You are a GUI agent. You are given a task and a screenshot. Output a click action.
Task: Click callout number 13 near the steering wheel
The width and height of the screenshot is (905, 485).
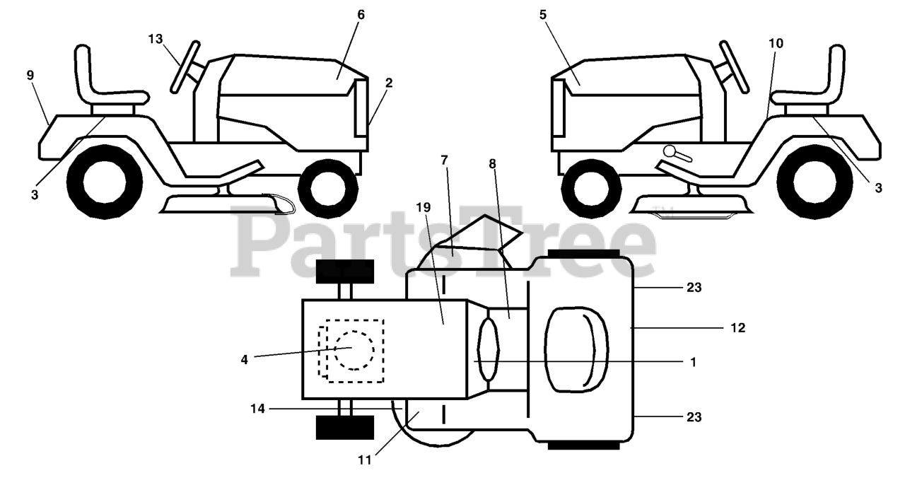156,38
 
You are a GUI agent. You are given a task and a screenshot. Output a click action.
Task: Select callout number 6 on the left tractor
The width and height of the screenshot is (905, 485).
361,14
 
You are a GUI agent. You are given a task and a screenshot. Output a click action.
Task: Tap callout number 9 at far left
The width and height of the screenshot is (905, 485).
30,75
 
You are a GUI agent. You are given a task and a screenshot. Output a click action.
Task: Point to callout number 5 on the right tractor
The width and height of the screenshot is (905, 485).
543,14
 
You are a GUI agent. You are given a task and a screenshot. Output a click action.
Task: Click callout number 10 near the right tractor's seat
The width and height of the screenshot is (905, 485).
776,43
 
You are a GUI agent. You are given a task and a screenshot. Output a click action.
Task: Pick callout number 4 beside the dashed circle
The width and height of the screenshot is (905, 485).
244,359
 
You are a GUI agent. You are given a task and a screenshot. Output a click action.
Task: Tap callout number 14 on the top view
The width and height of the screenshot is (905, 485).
258,409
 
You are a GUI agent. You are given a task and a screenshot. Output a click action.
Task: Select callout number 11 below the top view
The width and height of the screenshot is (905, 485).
364,460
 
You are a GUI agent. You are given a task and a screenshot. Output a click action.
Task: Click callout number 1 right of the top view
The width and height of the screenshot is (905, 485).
693,362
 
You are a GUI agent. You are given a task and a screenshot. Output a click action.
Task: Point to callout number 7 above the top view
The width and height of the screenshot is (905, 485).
444,160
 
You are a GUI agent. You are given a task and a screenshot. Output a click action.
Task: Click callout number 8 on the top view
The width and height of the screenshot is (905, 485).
492,163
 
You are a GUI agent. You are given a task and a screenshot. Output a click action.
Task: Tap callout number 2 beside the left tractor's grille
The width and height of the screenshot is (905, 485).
389,83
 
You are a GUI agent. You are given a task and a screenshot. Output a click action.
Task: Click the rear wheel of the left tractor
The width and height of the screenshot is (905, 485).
104,181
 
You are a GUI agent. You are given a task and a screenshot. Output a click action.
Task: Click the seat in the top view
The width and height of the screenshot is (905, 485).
577,348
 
